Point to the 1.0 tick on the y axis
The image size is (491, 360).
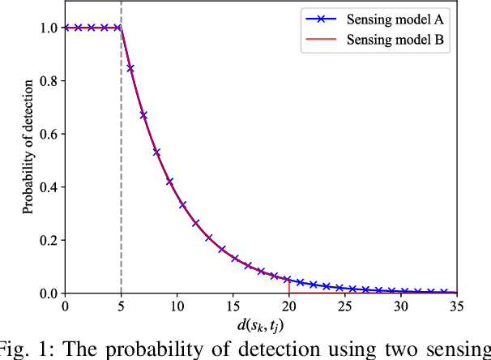(x=48, y=28)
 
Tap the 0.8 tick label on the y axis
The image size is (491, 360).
(x=48, y=81)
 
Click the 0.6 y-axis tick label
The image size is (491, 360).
(x=48, y=134)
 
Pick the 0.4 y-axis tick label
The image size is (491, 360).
(x=48, y=187)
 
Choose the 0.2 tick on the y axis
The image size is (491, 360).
(x=48, y=240)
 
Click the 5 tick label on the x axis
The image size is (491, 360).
(x=121, y=306)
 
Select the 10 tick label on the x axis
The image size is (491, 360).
(x=177, y=306)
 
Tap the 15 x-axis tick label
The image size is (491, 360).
(x=233, y=306)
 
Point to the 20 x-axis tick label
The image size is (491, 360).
(x=288, y=306)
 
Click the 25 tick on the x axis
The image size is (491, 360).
(x=345, y=306)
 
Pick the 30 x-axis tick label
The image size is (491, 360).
(x=401, y=306)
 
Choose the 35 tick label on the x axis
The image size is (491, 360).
(x=457, y=306)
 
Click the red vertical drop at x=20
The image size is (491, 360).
(x=289, y=285)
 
